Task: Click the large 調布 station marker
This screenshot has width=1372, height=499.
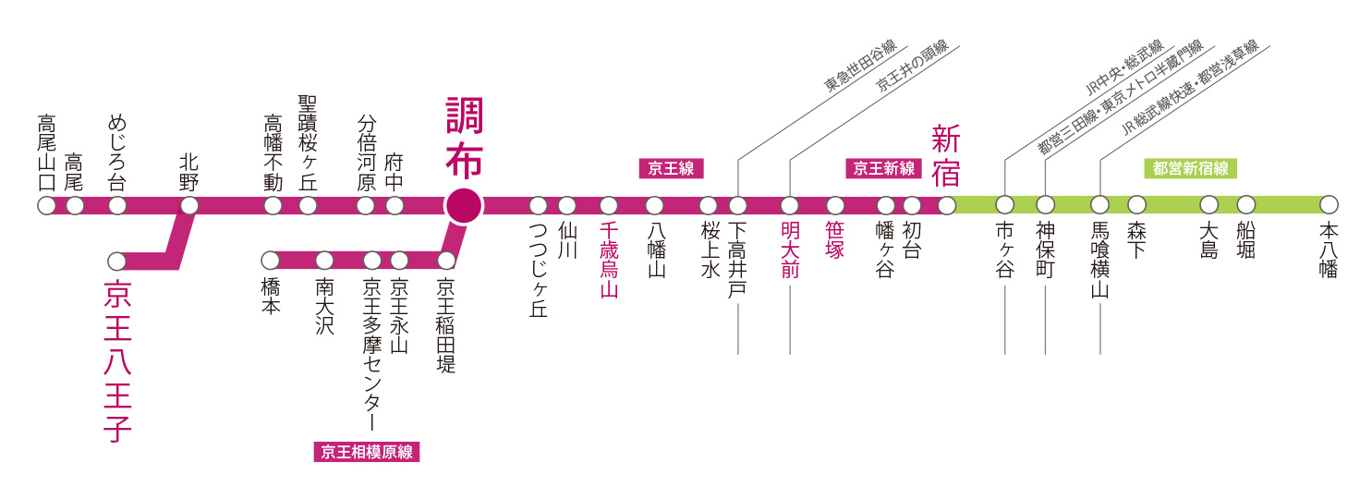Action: [x=464, y=205]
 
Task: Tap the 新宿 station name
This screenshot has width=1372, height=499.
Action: [x=946, y=155]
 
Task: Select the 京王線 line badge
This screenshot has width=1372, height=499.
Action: [x=672, y=168]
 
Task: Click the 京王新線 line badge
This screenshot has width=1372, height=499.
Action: [x=883, y=168]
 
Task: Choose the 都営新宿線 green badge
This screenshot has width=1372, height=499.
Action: [x=1190, y=168]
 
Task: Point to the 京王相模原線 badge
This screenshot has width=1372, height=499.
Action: [x=367, y=452]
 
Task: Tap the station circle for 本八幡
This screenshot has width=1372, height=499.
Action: [x=1329, y=205]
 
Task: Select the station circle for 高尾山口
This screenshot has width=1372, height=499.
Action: [x=46, y=205]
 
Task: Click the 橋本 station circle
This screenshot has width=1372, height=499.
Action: [x=271, y=261]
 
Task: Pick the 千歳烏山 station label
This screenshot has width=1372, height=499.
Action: [x=608, y=261]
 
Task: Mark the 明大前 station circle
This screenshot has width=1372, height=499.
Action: [x=790, y=205]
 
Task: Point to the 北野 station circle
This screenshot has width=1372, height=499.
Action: [x=189, y=205]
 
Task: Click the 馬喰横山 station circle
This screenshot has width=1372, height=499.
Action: [x=1099, y=205]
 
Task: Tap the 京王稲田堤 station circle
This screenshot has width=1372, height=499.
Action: [x=446, y=261]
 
